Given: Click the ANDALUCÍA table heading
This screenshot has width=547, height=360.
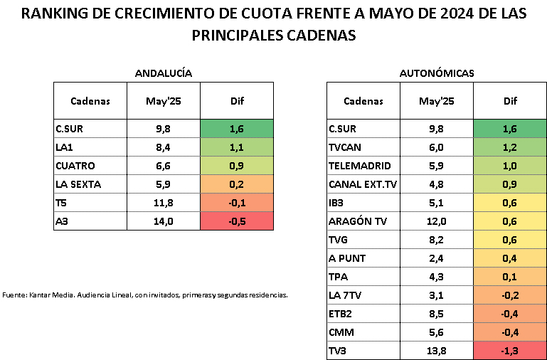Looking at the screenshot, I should [x=164, y=73].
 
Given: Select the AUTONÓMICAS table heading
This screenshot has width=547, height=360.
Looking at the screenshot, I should [x=437, y=73].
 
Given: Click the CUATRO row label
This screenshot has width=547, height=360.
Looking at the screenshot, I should [x=74, y=166].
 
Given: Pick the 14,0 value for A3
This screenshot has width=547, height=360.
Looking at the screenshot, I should [x=163, y=221].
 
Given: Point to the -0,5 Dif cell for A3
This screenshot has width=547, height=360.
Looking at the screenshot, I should [x=237, y=221].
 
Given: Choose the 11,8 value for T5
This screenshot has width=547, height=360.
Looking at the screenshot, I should [x=163, y=203].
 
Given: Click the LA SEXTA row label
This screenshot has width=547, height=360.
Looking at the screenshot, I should [x=78, y=184].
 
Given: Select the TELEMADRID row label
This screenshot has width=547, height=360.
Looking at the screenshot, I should [x=360, y=166].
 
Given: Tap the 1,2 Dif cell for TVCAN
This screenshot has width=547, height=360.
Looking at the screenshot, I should [x=510, y=147].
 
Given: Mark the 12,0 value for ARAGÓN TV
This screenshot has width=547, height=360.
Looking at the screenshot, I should [x=436, y=221].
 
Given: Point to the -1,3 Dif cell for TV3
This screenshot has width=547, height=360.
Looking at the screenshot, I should [x=510, y=351].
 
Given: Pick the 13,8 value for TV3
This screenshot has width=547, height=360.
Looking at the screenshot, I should [x=436, y=351].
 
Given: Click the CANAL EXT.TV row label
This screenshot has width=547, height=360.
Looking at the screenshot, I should [x=363, y=184].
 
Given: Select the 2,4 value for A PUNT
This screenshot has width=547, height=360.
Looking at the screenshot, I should [x=436, y=258].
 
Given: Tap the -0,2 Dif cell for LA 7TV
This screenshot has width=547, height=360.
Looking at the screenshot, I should [x=510, y=295].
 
